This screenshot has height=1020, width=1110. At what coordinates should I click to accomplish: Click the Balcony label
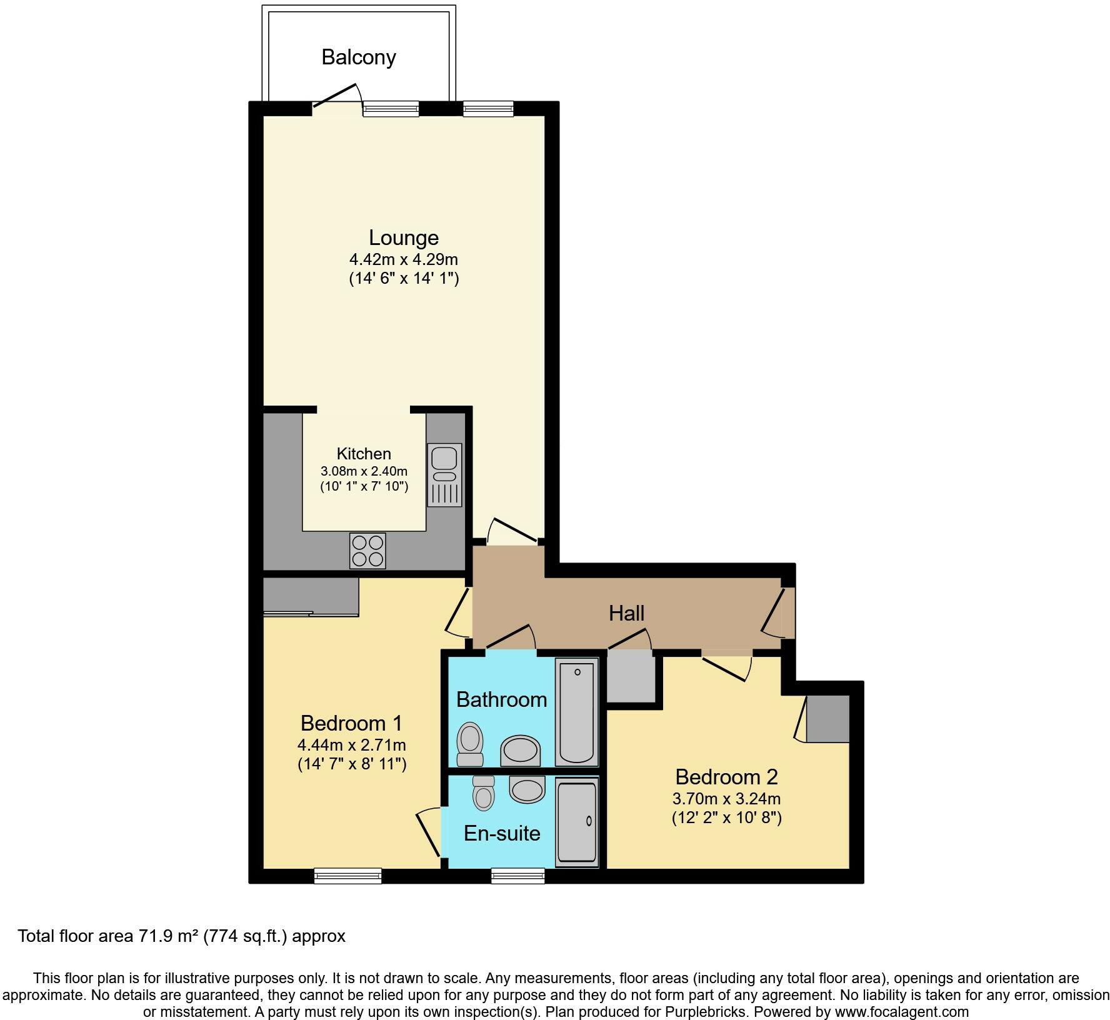click(x=359, y=57)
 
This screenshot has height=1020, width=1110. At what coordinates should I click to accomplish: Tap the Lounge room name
click(x=404, y=237)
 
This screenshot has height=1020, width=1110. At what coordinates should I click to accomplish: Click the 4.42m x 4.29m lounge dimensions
click(x=404, y=259)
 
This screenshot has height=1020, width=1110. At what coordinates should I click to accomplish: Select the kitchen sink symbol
click(x=444, y=474)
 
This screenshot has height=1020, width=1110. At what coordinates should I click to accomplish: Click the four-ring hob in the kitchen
click(x=367, y=551)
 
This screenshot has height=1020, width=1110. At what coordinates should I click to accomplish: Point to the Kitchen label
click(x=364, y=454)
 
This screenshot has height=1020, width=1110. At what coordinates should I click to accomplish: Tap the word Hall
click(x=626, y=613)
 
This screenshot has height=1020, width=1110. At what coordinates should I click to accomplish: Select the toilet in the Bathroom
click(x=471, y=744)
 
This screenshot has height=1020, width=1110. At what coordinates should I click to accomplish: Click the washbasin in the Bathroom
click(x=521, y=750)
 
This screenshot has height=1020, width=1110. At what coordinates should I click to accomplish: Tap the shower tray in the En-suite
click(x=577, y=821)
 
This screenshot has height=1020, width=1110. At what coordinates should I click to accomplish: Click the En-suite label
click(x=502, y=833)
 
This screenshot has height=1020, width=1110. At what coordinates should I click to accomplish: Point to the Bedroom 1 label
click(x=351, y=723)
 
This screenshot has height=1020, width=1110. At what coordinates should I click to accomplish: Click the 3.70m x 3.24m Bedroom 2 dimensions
click(x=726, y=798)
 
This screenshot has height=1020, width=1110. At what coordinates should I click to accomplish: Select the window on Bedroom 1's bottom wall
click(x=347, y=876)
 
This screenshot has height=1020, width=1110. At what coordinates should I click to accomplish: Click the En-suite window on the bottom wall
click(x=517, y=876)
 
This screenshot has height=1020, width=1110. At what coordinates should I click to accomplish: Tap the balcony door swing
click(x=337, y=97)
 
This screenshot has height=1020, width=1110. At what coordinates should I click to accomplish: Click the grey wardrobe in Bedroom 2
click(x=827, y=719)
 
